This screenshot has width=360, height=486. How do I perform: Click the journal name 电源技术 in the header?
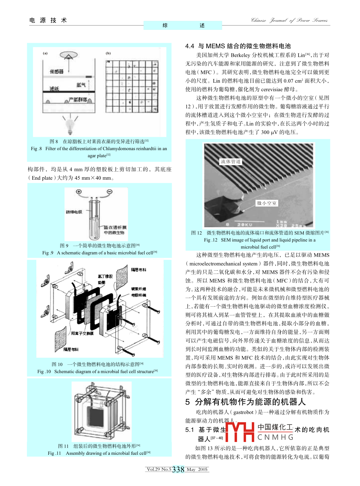click(x=48, y=20)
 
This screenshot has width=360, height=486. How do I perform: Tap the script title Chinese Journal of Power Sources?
click(x=289, y=20)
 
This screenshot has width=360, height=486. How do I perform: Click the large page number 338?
click(x=178, y=470)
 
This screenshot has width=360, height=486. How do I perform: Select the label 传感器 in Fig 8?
click(x=56, y=72)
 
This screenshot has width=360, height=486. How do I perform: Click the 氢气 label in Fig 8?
click(x=81, y=85)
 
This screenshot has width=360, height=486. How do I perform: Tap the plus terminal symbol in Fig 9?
click(x=79, y=192)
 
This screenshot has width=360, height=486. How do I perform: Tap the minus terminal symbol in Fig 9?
click(x=109, y=192)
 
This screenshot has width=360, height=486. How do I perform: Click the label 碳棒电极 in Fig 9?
click(x=74, y=212)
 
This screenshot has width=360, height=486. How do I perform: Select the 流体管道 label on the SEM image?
click(x=231, y=162)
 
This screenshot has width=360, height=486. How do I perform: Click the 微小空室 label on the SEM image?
click(x=267, y=203)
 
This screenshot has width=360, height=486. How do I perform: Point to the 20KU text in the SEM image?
click(x=244, y=224)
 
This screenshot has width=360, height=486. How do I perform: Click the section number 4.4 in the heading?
click(x=190, y=46)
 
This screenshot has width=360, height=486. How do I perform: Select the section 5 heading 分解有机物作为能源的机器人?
click(x=250, y=402)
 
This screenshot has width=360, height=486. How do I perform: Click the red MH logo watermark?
click(x=240, y=432)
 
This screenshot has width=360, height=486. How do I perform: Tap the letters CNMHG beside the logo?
click(x=276, y=437)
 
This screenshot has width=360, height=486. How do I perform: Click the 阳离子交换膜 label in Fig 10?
click(x=82, y=334)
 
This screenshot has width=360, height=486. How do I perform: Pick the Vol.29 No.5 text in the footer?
click(x=159, y=470)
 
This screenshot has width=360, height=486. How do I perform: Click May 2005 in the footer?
click(x=197, y=470)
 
